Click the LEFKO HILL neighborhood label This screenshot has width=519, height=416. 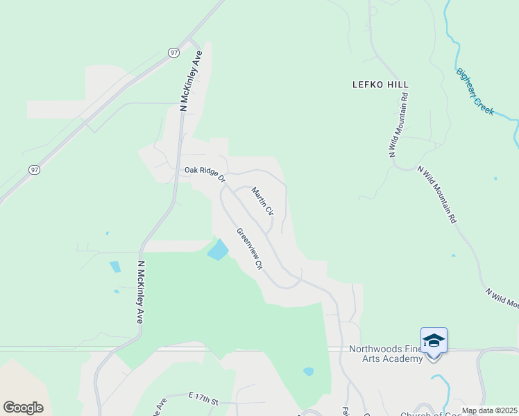(380, 85)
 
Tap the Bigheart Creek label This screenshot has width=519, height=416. (475, 92)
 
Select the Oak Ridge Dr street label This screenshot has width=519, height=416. (205, 173)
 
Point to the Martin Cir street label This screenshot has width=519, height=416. (263, 201)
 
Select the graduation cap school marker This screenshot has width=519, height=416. (434, 341)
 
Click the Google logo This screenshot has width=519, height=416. (23, 407)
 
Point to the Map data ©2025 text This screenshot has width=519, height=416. (488, 410)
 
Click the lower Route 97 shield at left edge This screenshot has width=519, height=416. (35, 170)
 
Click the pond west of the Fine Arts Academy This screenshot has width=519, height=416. (308, 372)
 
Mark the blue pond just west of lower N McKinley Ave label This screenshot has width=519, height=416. (114, 267)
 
